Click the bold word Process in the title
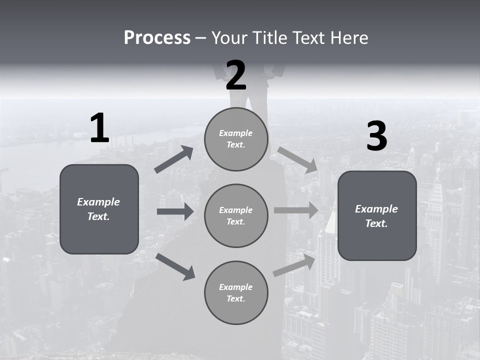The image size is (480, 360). [x=157, y=38]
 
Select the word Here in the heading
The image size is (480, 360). [x=349, y=38]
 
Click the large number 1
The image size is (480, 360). [x=99, y=128]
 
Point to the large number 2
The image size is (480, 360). [x=236, y=76]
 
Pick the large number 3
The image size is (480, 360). [x=376, y=136]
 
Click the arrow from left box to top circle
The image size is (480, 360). [x=174, y=159]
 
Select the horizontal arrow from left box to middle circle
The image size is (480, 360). [x=175, y=211]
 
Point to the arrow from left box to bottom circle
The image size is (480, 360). [x=175, y=266]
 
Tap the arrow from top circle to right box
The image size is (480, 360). [x=298, y=160]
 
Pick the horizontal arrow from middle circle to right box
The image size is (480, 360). [x=295, y=210]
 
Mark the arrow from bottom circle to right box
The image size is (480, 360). [x=294, y=265]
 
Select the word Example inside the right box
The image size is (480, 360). [x=376, y=209]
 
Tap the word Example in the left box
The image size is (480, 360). [x=98, y=202]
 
